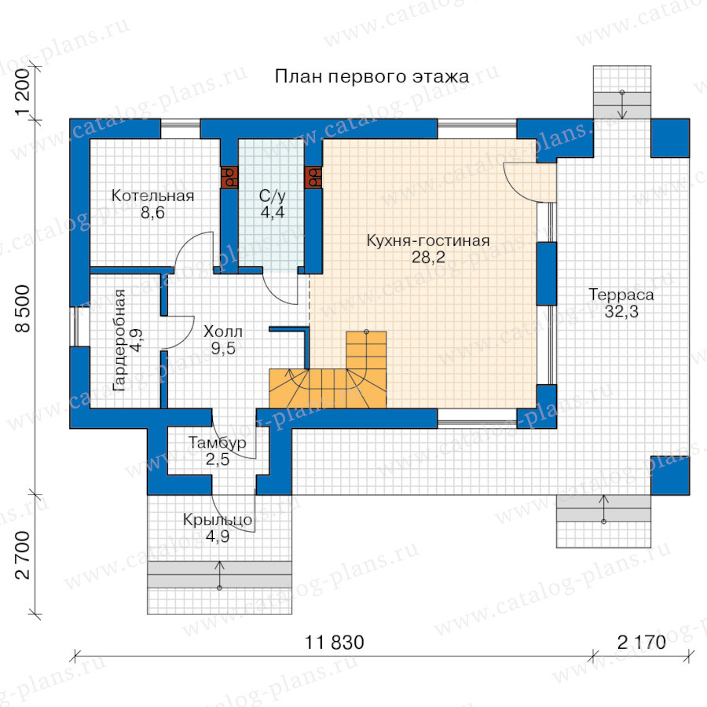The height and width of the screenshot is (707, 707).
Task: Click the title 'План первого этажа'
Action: point(372,77)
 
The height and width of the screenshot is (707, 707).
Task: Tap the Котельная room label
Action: point(153,196)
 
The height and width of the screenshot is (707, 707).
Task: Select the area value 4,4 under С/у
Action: point(273,212)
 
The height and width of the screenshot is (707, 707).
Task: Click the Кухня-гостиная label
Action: point(428,240)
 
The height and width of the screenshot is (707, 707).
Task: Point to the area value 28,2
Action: point(428,257)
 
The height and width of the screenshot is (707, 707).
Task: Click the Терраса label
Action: point(621,295)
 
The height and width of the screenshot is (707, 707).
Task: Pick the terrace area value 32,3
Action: point(621,311)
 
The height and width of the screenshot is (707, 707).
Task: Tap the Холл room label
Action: point(223,332)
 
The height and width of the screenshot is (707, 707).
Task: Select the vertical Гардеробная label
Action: point(119,340)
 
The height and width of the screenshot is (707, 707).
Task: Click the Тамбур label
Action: point(218,443)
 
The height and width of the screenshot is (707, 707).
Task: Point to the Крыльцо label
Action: point(218,520)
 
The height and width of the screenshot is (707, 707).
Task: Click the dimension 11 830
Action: point(334,643)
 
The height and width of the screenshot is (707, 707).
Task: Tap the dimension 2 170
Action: point(641,643)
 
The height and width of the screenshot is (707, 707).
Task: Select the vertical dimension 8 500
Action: point(23,309)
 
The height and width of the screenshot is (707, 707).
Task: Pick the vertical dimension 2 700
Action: point(23,555)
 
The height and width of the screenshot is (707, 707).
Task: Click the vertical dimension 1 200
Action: point(23,93)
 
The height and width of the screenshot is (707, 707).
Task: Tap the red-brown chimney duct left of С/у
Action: point(229,178)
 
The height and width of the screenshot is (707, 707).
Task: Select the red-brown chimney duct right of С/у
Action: point(313,178)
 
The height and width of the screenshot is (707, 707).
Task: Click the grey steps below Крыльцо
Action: point(219,575)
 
